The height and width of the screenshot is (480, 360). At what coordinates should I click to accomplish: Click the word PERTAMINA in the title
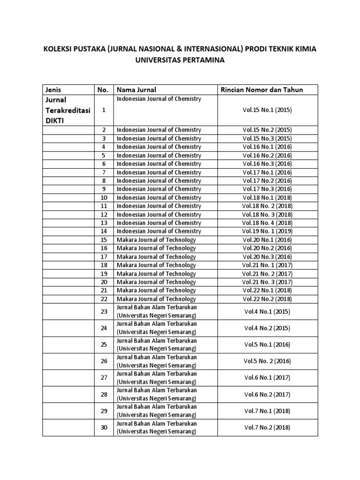(200, 61)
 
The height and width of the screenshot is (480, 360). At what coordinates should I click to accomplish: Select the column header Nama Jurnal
(136, 90)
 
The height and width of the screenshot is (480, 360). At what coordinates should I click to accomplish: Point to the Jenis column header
(53, 90)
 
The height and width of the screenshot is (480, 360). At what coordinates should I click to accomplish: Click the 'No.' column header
(103, 90)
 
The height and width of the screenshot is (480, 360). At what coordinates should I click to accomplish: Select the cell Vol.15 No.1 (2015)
(267, 110)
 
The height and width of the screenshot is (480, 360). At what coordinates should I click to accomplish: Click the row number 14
(104, 232)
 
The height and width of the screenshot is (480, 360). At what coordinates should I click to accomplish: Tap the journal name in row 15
(156, 240)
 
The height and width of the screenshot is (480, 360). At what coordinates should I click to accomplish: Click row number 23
(104, 311)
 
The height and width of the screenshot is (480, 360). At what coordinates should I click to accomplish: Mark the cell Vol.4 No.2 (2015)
(267, 328)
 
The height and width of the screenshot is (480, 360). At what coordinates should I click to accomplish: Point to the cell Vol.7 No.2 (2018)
(267, 427)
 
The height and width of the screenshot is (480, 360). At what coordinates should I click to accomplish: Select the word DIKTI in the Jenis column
(55, 120)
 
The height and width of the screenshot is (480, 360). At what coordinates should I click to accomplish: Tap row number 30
(104, 427)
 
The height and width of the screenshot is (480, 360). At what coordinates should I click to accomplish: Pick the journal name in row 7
(158, 172)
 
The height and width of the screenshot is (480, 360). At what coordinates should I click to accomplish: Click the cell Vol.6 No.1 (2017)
(267, 378)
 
